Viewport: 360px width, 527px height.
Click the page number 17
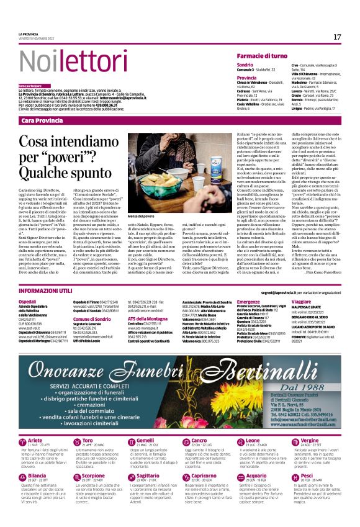337,37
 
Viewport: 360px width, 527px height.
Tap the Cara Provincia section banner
42,120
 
